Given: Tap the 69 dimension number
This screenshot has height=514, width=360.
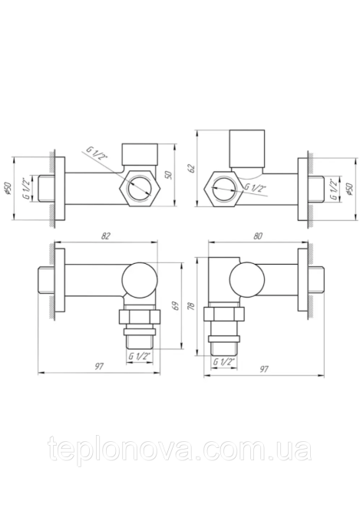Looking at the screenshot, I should pyautogui.click(x=175, y=307).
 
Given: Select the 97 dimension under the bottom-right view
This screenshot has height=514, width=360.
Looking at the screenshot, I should pyautogui.click(x=263, y=368).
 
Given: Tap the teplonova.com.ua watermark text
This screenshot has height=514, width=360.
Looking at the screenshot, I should pyautogui.click(x=180, y=450).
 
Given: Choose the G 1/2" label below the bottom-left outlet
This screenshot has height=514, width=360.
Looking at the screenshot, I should pyautogui.click(x=139, y=355).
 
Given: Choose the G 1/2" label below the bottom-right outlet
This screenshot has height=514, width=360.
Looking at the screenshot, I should pyautogui.click(x=224, y=361).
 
